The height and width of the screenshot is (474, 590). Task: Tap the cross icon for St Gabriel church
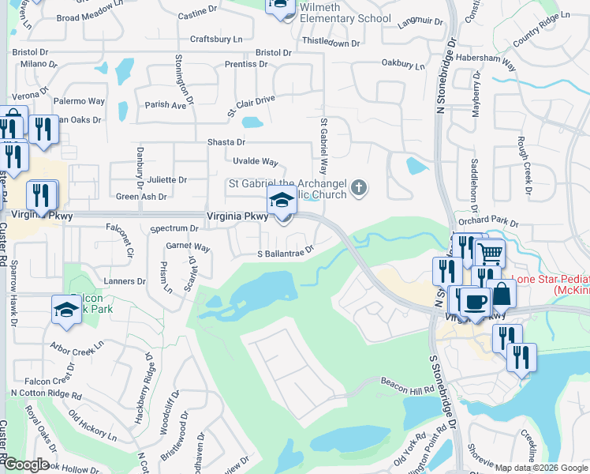[359, 187]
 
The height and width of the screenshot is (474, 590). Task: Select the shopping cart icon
[491, 254]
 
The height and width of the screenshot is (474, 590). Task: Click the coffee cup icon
[476, 302]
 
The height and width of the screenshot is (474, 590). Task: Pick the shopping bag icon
[501, 294]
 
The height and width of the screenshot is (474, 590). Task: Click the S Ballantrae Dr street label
[286, 254]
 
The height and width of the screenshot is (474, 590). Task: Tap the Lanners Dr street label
[109, 280]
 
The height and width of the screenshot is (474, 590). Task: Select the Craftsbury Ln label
[216, 38]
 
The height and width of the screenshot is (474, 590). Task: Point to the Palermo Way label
[79, 101]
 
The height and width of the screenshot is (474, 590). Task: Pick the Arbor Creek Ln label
[77, 346]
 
